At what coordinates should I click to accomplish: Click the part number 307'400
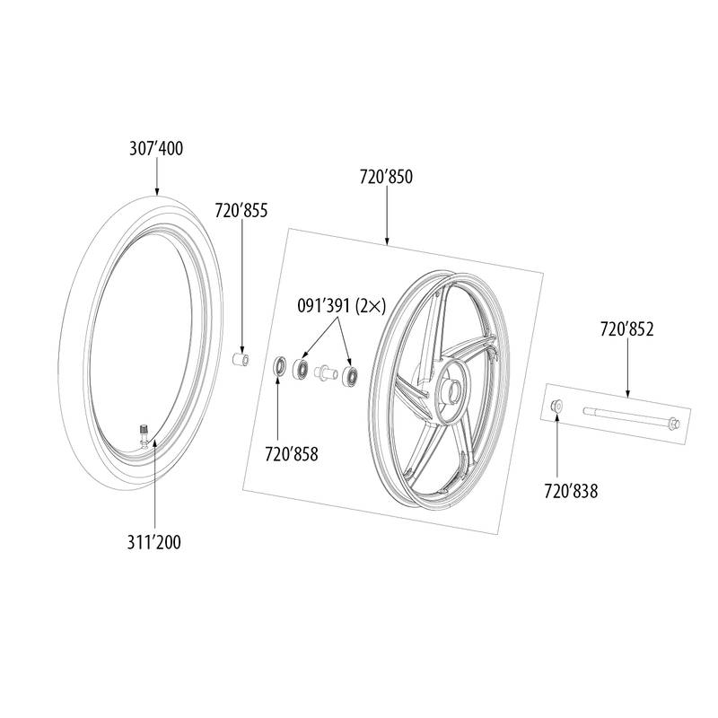155,149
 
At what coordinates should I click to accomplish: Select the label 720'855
241,211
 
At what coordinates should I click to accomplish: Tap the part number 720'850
386,177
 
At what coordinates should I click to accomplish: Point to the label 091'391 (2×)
342,305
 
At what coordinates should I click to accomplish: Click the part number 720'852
626,329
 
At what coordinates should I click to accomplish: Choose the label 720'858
291,454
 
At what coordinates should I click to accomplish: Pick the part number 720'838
571,491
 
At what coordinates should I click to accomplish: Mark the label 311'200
153,542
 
